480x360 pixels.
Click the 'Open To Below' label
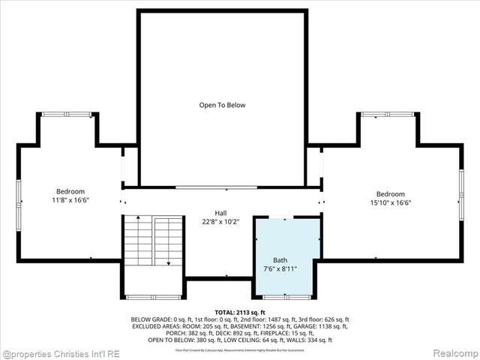coord(222,105)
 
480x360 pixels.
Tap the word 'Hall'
coord(220,213)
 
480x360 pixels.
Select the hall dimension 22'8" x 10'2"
coord(220,222)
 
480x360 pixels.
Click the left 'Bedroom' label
coord(70,192)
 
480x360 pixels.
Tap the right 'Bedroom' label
coord(390,193)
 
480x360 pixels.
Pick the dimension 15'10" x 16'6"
coord(390,202)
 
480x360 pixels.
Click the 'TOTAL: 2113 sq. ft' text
coord(240,312)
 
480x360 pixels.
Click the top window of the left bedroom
coord(66,114)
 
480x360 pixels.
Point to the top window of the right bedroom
coord(387,114)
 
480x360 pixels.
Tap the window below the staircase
coord(154,298)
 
